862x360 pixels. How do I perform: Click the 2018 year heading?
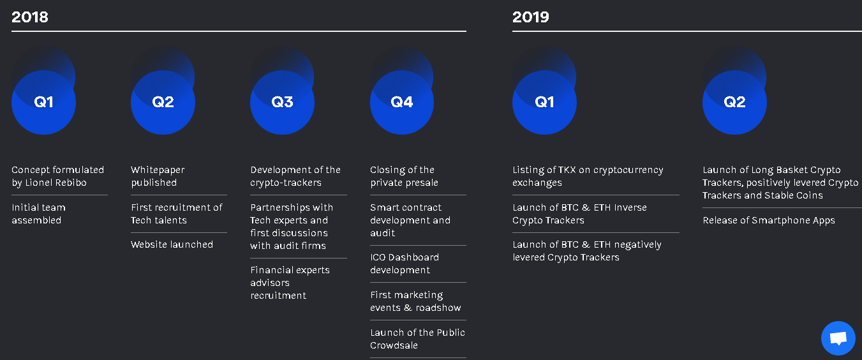29,17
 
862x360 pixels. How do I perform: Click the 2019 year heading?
531,17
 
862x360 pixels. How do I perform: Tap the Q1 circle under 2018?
43,102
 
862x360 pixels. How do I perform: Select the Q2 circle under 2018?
163,102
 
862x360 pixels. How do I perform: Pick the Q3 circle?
282,102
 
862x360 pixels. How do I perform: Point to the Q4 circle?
402,102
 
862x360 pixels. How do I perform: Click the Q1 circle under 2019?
544,102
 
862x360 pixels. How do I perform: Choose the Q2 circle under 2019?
734,102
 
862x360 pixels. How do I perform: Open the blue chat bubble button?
838,338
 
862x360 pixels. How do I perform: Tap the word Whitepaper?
158,170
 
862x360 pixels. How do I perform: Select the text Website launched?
172,244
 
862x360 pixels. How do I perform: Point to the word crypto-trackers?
286,183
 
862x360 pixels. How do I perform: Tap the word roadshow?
438,308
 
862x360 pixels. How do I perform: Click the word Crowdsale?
394,345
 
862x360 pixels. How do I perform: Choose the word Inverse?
630,207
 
